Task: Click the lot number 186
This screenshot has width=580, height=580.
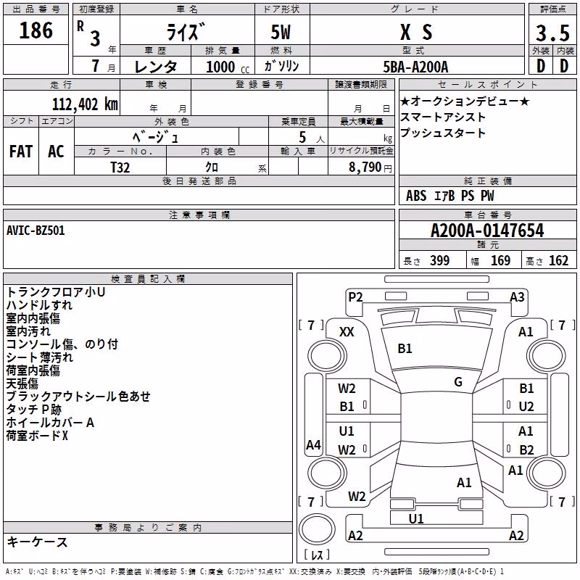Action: (x=36, y=30)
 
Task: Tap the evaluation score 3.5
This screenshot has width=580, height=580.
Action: (x=552, y=33)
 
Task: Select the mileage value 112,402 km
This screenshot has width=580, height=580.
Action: (x=85, y=104)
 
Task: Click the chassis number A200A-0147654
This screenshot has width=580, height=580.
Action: (x=487, y=231)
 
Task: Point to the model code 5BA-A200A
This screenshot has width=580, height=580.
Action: (x=415, y=67)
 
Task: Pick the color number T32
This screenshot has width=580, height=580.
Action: (x=120, y=167)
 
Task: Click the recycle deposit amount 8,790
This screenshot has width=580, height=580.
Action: (x=365, y=167)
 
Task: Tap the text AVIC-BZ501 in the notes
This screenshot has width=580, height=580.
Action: (x=36, y=231)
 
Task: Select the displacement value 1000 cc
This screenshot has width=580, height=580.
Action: (x=228, y=67)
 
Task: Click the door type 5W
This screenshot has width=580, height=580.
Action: (x=281, y=33)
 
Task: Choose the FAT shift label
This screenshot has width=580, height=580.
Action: (x=21, y=152)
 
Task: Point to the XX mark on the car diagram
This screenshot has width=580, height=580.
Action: (x=347, y=332)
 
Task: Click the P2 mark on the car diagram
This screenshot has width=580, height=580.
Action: (x=355, y=297)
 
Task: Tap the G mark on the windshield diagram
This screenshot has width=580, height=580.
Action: (x=458, y=382)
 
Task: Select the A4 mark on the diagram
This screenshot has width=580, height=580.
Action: (x=313, y=444)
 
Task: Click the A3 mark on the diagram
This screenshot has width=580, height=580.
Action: (x=517, y=297)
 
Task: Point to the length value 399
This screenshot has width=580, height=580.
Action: (x=439, y=260)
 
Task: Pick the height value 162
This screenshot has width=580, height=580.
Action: (x=558, y=260)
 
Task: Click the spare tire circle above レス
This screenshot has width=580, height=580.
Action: (x=317, y=529)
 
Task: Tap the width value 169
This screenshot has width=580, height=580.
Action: (x=500, y=260)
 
